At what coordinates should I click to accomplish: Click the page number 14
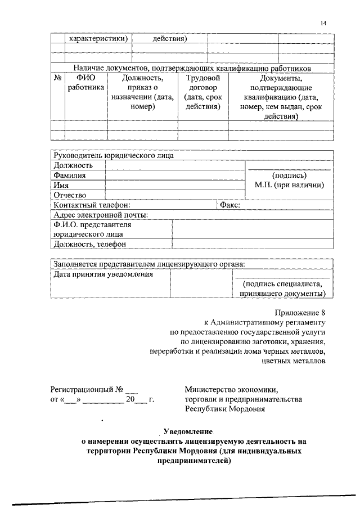(323, 23)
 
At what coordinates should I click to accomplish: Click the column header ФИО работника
(85, 83)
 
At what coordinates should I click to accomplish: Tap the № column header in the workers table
(57, 78)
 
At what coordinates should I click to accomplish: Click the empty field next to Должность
(175, 165)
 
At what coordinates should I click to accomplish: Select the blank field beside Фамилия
(175, 175)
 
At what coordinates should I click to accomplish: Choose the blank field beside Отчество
(175, 195)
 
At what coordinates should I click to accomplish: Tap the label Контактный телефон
(92, 205)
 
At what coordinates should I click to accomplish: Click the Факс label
(230, 205)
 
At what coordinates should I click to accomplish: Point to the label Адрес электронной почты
(101, 215)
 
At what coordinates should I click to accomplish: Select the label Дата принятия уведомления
(103, 274)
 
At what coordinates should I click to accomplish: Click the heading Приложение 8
(300, 312)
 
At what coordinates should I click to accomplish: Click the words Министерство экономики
(231, 389)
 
